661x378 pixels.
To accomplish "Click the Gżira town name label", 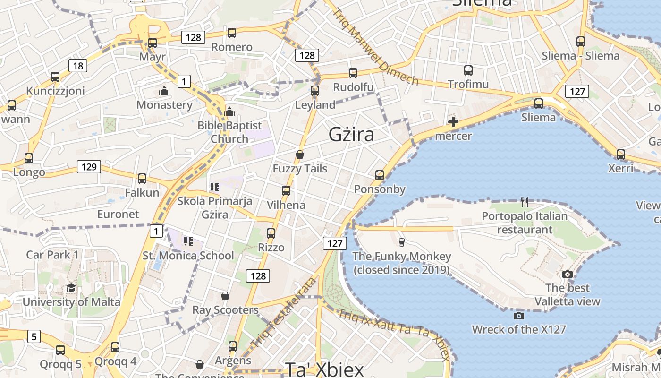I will tap(351, 135).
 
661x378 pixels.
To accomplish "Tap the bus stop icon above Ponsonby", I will tap(380, 175).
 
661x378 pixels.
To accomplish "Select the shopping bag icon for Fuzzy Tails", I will tap(300, 155).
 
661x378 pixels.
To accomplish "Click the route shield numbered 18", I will tap(78, 66).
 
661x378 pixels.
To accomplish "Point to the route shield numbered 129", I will tap(89, 166).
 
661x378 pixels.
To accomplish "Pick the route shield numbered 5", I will tap(34, 337).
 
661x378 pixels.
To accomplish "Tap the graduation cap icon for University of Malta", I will tap(71, 288).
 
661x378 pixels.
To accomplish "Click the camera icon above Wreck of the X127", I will tap(518, 316).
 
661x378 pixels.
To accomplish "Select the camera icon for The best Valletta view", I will tap(568, 274).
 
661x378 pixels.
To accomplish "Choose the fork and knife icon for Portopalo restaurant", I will tap(524, 202).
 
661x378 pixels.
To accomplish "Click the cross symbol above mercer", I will tap(453, 122).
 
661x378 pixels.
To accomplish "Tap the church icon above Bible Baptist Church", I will tap(230, 112).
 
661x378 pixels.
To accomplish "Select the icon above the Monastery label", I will tap(164, 91).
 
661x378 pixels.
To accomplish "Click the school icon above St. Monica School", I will tap(188, 241).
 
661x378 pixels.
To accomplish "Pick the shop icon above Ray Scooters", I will tap(225, 296).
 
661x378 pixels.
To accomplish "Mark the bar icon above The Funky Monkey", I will tap(402, 242).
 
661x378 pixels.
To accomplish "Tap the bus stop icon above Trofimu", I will tap(468, 70).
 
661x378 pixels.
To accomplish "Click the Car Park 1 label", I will tap(52, 255).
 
